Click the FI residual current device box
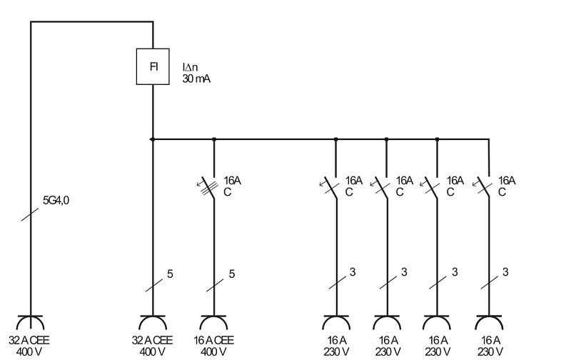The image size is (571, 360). pos(153,66)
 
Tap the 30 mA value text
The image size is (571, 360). pos(196,79)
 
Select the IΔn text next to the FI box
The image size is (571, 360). pos(190,67)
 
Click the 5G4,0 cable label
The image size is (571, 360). pos(56,201)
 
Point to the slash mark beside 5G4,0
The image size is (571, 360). pos(30,214)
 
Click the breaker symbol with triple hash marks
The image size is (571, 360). pos(209,187)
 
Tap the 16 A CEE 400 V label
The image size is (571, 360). pos(213,346)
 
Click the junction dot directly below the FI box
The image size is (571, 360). pos(153,139)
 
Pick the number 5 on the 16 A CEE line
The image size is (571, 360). pos(231,274)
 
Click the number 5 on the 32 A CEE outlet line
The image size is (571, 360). pos(170,274)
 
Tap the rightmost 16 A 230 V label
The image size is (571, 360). pos(490,346)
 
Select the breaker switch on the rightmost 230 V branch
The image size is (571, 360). pos(483,187)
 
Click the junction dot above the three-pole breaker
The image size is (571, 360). pos(214,139)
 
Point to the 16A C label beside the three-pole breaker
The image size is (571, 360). pos(231,186)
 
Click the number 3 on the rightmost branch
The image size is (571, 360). pos(505,272)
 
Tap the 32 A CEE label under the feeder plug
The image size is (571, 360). pos(29,346)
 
